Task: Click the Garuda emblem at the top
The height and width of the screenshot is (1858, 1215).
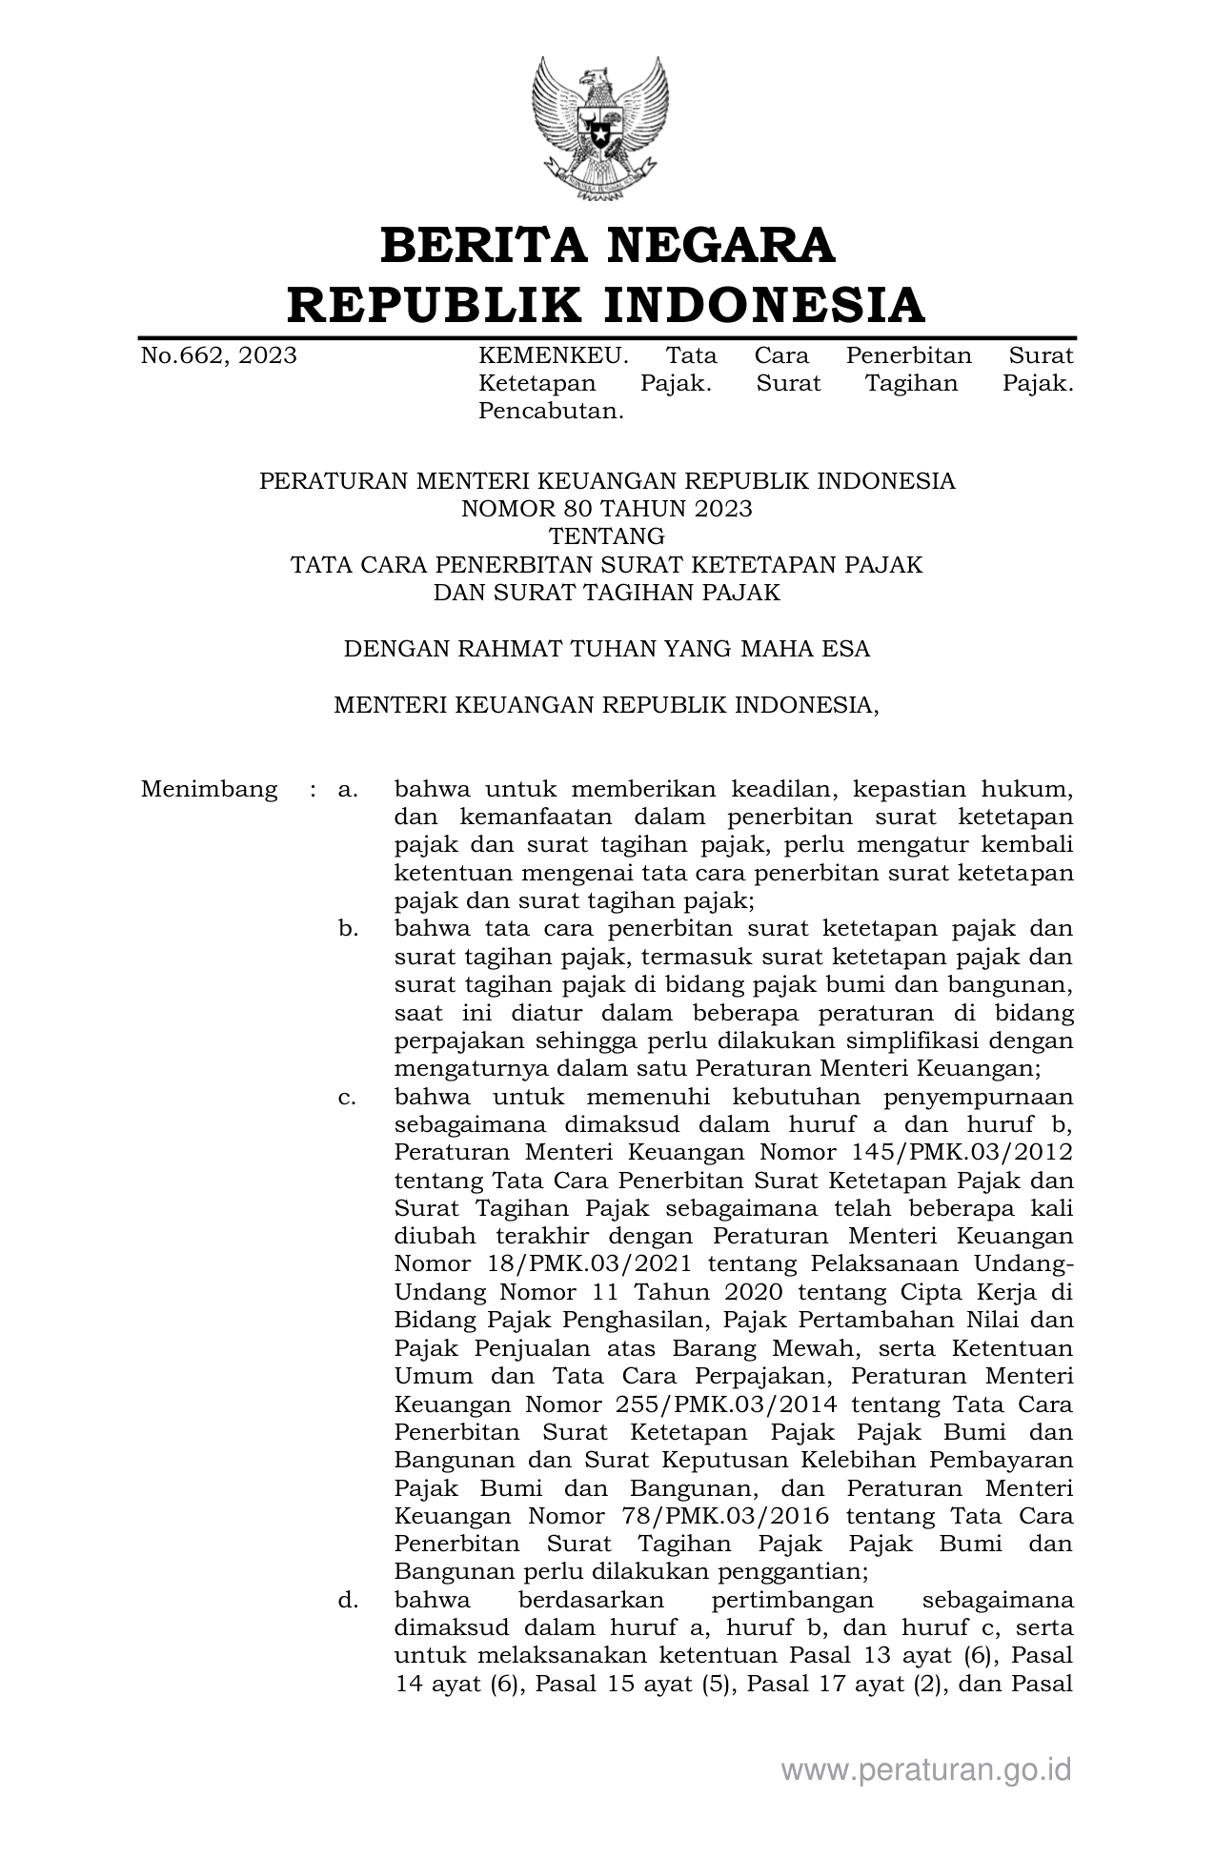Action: (x=599, y=128)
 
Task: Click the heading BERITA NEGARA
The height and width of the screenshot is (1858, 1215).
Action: (x=607, y=245)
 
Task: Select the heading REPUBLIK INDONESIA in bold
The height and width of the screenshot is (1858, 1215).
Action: (x=607, y=305)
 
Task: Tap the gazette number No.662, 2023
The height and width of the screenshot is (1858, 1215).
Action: (x=218, y=356)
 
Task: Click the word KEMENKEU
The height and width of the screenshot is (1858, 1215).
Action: (x=553, y=356)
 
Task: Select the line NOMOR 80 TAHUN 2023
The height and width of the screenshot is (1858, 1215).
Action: (x=607, y=509)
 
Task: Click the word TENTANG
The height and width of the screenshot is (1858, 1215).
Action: (x=607, y=536)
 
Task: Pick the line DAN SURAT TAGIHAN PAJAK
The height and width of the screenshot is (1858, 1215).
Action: (x=607, y=593)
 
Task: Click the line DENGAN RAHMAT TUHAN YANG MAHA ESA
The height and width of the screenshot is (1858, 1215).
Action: (x=607, y=649)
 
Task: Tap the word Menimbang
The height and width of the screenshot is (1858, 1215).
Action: (x=210, y=790)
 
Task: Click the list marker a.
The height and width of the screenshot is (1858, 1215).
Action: (x=348, y=790)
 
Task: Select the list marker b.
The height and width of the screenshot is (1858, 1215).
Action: (x=348, y=929)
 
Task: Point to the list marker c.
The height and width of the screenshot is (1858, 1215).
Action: (x=348, y=1097)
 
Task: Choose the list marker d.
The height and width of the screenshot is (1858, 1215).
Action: (x=348, y=1599)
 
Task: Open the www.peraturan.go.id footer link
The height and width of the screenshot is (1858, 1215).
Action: (x=926, y=1770)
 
